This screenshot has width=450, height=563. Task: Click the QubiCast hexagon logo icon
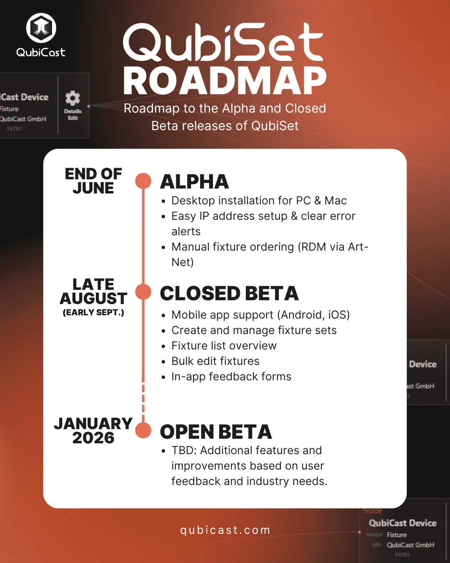[41, 28]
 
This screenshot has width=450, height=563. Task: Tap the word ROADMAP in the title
[225, 81]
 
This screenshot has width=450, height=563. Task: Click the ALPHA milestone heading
[195, 182]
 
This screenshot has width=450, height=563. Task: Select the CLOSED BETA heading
[229, 294]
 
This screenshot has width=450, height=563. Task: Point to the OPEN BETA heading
[216, 432]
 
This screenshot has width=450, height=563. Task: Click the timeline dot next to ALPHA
[143, 181]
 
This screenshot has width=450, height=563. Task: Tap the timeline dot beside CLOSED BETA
[143, 292]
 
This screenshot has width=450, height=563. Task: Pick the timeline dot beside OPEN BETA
[143, 430]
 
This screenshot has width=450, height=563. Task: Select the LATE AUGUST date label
[93, 292]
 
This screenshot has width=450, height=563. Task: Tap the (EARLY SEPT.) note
[93, 312]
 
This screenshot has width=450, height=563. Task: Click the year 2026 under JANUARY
[93, 438]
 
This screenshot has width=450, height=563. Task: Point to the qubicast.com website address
[225, 530]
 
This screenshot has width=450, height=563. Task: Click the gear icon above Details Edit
[72, 98]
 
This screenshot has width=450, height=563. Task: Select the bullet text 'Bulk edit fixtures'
[215, 361]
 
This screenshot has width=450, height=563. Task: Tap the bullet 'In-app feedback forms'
[231, 377]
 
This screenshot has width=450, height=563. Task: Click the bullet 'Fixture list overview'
[224, 346]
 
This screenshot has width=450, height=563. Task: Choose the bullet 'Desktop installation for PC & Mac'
[259, 201]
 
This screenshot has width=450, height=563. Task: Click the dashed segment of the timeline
[143, 398]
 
